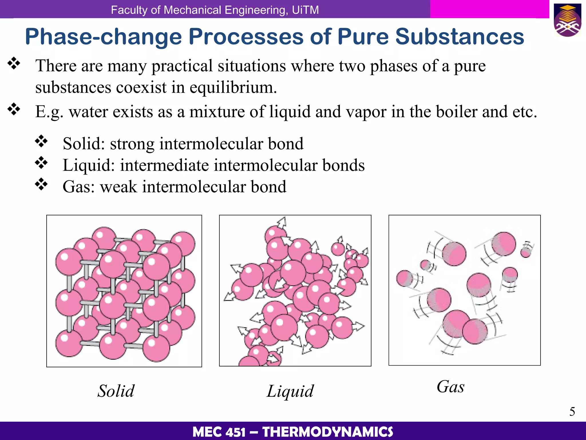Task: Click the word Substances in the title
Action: tap(460, 36)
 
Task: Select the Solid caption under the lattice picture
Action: tap(116, 391)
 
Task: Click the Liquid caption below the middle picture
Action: tap(290, 391)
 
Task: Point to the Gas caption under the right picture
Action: tap(450, 387)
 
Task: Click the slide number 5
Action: tap(572, 412)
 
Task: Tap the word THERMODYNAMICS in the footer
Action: tap(328, 432)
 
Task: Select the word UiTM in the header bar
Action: tap(305, 10)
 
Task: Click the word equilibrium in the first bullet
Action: tap(233, 88)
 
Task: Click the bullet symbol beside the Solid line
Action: tap(41, 141)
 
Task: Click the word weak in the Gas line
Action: tap(118, 187)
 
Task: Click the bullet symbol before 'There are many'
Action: tap(14, 63)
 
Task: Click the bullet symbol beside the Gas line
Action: tap(41, 184)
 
